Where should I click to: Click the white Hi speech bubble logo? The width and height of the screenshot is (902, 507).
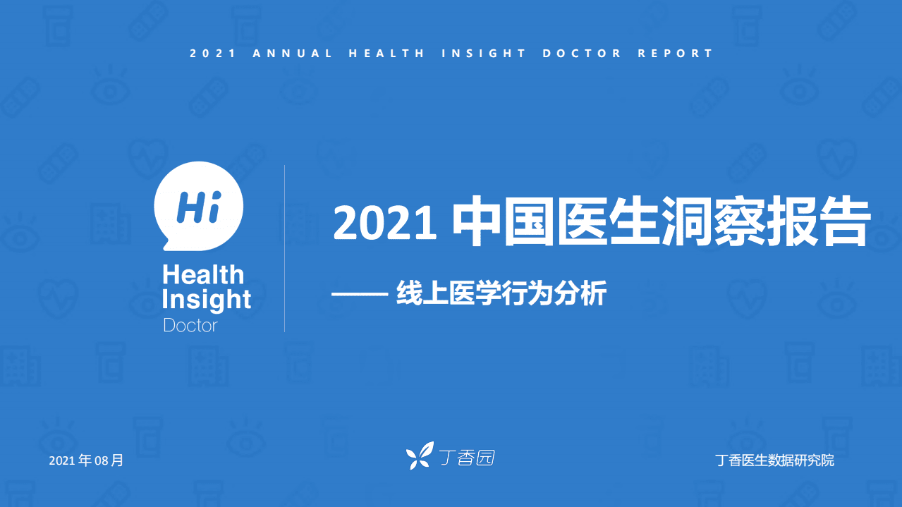[x=198, y=204]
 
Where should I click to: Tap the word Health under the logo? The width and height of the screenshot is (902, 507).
[x=203, y=275]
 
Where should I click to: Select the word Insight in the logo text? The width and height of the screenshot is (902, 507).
[x=206, y=300]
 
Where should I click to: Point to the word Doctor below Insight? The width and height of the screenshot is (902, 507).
[x=190, y=325]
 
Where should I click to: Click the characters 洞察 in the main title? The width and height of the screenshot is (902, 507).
[x=712, y=223]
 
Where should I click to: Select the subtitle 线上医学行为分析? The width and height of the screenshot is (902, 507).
[x=501, y=293]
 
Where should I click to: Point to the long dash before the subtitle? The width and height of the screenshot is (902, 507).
[x=357, y=294]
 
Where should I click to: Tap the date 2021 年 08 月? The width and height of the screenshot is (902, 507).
[x=86, y=460]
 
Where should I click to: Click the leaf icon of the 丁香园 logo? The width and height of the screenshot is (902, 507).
[x=420, y=456]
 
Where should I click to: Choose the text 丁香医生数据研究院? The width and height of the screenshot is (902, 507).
[x=774, y=460]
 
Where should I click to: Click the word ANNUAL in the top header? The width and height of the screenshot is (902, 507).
[x=293, y=54]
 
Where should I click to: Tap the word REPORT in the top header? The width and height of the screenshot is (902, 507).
[x=676, y=54]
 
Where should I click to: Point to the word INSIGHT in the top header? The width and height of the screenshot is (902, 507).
[x=484, y=54]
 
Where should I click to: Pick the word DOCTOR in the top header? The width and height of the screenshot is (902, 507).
[x=583, y=54]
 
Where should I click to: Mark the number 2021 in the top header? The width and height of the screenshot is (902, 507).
[x=213, y=54]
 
